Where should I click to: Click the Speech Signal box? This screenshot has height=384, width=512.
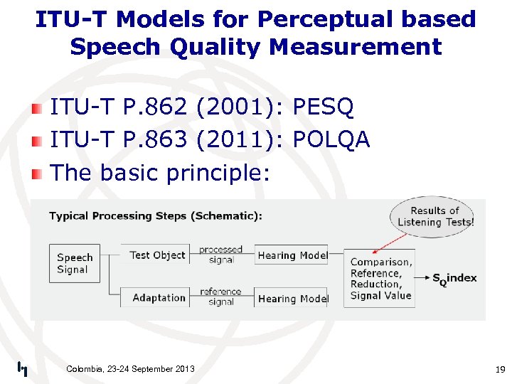pos(75,263)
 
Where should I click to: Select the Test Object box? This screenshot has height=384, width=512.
pos(157,255)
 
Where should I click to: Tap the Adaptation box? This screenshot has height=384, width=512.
pos(159,297)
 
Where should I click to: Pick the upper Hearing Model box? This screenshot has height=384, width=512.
pos(292,255)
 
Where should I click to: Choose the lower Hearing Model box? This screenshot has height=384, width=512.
pos(292,298)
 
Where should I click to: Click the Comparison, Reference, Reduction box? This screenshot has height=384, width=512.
pos(380,278)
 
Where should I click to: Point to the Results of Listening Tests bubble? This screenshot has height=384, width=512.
pos(434,216)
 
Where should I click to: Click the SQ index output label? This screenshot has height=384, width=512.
pos(454,278)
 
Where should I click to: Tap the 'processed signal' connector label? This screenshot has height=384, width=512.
pos(221,255)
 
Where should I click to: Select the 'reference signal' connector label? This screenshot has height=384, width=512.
pos(221,297)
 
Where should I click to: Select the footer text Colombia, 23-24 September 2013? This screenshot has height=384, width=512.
pos(130,368)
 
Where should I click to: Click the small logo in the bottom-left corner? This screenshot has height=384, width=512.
pos(22,368)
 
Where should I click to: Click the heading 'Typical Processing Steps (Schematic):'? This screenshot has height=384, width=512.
pos(155,215)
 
